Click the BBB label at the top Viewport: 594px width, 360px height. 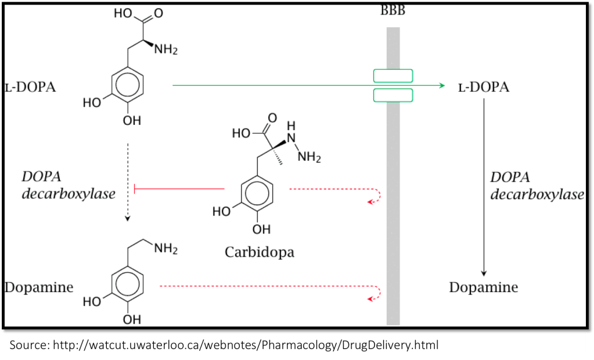pyautogui.click(x=393, y=11)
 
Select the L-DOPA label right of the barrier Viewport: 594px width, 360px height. pyautogui.click(x=483, y=87)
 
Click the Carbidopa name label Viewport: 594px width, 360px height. pyautogui.click(x=259, y=251)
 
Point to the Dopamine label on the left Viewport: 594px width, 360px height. pyautogui.click(x=39, y=287)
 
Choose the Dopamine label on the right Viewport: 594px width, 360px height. pyautogui.click(x=483, y=287)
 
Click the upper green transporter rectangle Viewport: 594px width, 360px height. pyautogui.click(x=393, y=76)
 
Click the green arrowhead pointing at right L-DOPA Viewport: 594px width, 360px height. pyautogui.click(x=441, y=86)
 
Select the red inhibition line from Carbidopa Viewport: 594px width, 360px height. pyautogui.click(x=180, y=188)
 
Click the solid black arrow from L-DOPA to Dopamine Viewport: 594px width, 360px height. pyautogui.click(x=484, y=186)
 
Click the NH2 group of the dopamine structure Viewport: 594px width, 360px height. pyautogui.click(x=165, y=249)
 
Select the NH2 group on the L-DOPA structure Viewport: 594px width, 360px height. pyautogui.click(x=165, y=49)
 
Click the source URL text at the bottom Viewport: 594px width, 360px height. pyautogui.click(x=224, y=345)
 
